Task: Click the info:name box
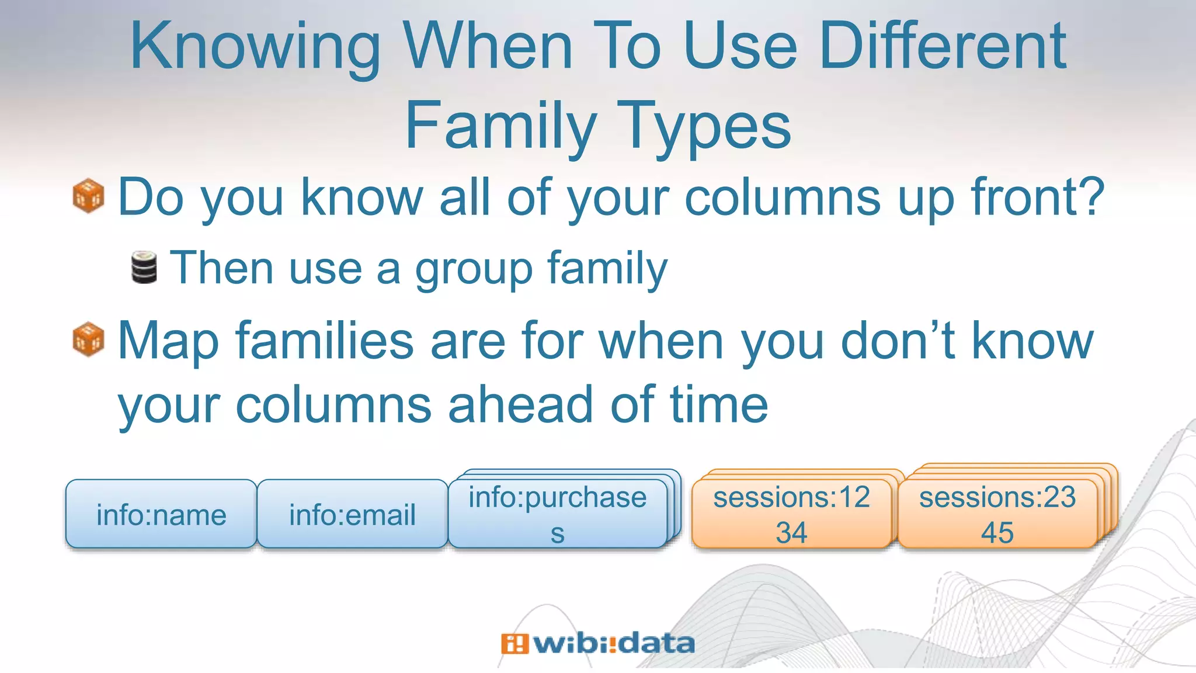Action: pos(161,514)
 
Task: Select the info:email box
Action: pos(352,514)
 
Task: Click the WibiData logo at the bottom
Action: pos(598,644)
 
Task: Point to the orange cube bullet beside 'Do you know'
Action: pos(88,196)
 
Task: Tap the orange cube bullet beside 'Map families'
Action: pos(88,339)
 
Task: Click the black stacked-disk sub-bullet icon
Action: pos(144,268)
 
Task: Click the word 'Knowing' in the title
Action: pos(255,47)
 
